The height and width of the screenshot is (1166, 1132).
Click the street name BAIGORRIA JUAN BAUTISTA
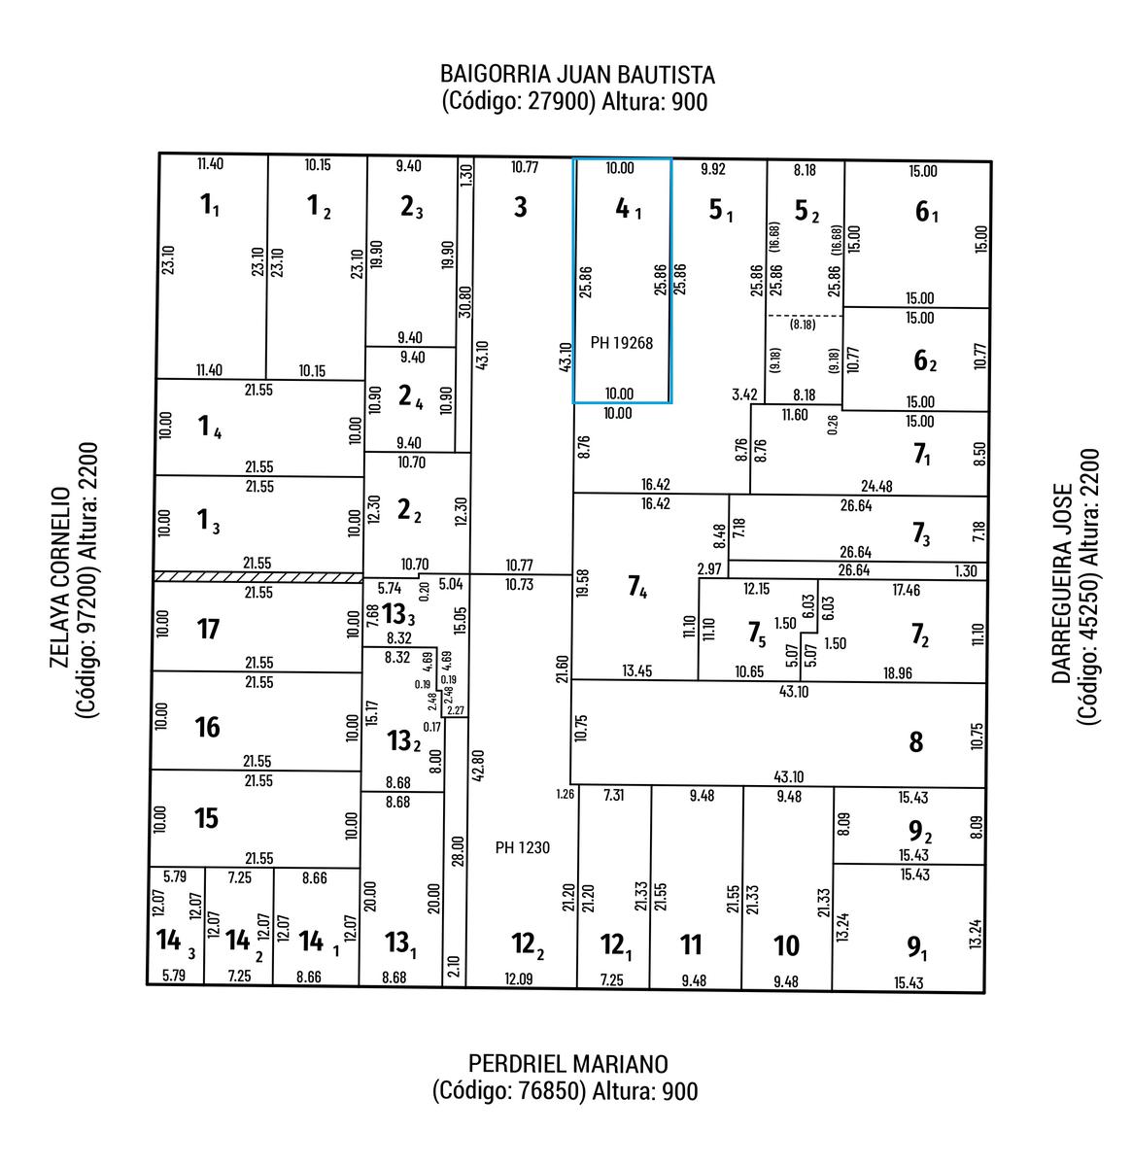tap(577, 75)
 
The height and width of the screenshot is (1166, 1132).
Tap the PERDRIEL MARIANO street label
tap(567, 1063)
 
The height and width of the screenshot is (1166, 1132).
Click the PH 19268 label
tap(622, 343)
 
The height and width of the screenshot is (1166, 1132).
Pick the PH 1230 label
tap(522, 847)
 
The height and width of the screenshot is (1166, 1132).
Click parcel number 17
tap(208, 630)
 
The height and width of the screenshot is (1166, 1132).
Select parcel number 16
tap(207, 727)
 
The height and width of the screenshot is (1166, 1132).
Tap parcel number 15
tap(206, 818)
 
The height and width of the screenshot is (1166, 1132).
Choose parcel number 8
tap(915, 743)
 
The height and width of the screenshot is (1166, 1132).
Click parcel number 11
tap(691, 944)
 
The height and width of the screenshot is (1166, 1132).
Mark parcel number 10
tap(786, 945)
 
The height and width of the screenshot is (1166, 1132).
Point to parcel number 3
tap(521, 207)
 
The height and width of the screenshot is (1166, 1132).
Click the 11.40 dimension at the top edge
tap(210, 164)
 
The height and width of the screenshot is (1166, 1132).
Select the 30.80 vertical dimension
tap(465, 301)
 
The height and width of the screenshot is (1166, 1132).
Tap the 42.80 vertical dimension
tap(477, 766)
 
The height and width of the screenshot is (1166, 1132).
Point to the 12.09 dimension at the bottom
tap(520, 978)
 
